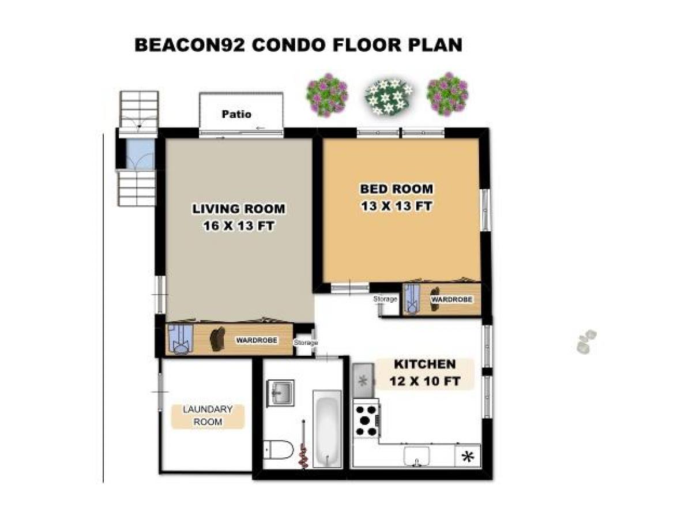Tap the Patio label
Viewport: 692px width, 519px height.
pos(236,114)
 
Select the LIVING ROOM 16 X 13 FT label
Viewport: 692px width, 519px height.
pos(238,217)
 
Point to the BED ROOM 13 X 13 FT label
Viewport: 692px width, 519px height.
pos(396,197)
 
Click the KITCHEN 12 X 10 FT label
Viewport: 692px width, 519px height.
pos(425,373)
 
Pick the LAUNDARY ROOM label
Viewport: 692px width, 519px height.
pos(208,416)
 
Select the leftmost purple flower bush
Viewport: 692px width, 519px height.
pos(327,94)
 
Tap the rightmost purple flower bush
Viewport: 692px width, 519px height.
pos(447,93)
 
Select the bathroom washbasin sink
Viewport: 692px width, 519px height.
pos(280,393)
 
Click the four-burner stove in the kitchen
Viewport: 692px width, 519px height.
pos(366,420)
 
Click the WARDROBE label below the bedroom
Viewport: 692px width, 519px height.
pos(452,300)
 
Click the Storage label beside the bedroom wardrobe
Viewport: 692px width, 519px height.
pos(385,299)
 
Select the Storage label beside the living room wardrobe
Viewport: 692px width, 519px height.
pos(306,343)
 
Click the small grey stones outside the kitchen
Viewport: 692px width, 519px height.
pos(586,341)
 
